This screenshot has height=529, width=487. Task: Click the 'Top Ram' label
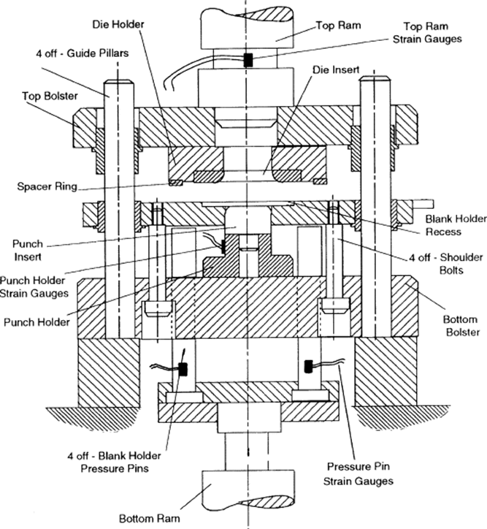tap(336, 25)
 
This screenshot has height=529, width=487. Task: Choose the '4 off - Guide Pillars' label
tap(66, 53)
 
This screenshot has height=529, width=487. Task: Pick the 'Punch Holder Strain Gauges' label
tap(35, 288)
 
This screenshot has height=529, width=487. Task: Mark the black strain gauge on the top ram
tap(248, 61)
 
